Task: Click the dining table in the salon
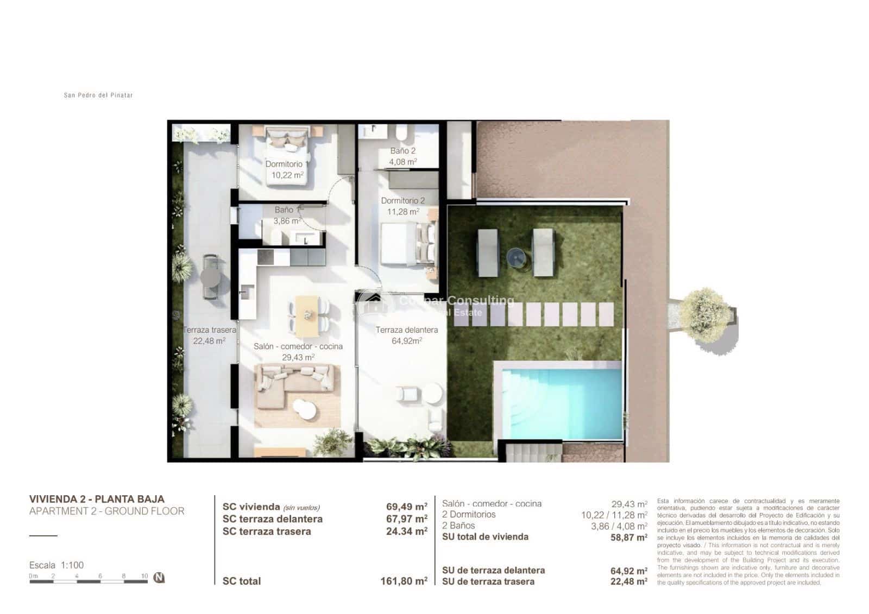308,315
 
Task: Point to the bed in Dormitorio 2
407,244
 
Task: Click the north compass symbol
159,577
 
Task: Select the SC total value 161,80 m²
404,581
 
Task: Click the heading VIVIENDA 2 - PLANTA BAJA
97,499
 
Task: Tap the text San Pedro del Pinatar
98,95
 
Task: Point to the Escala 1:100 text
56,565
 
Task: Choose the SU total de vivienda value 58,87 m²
629,537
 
